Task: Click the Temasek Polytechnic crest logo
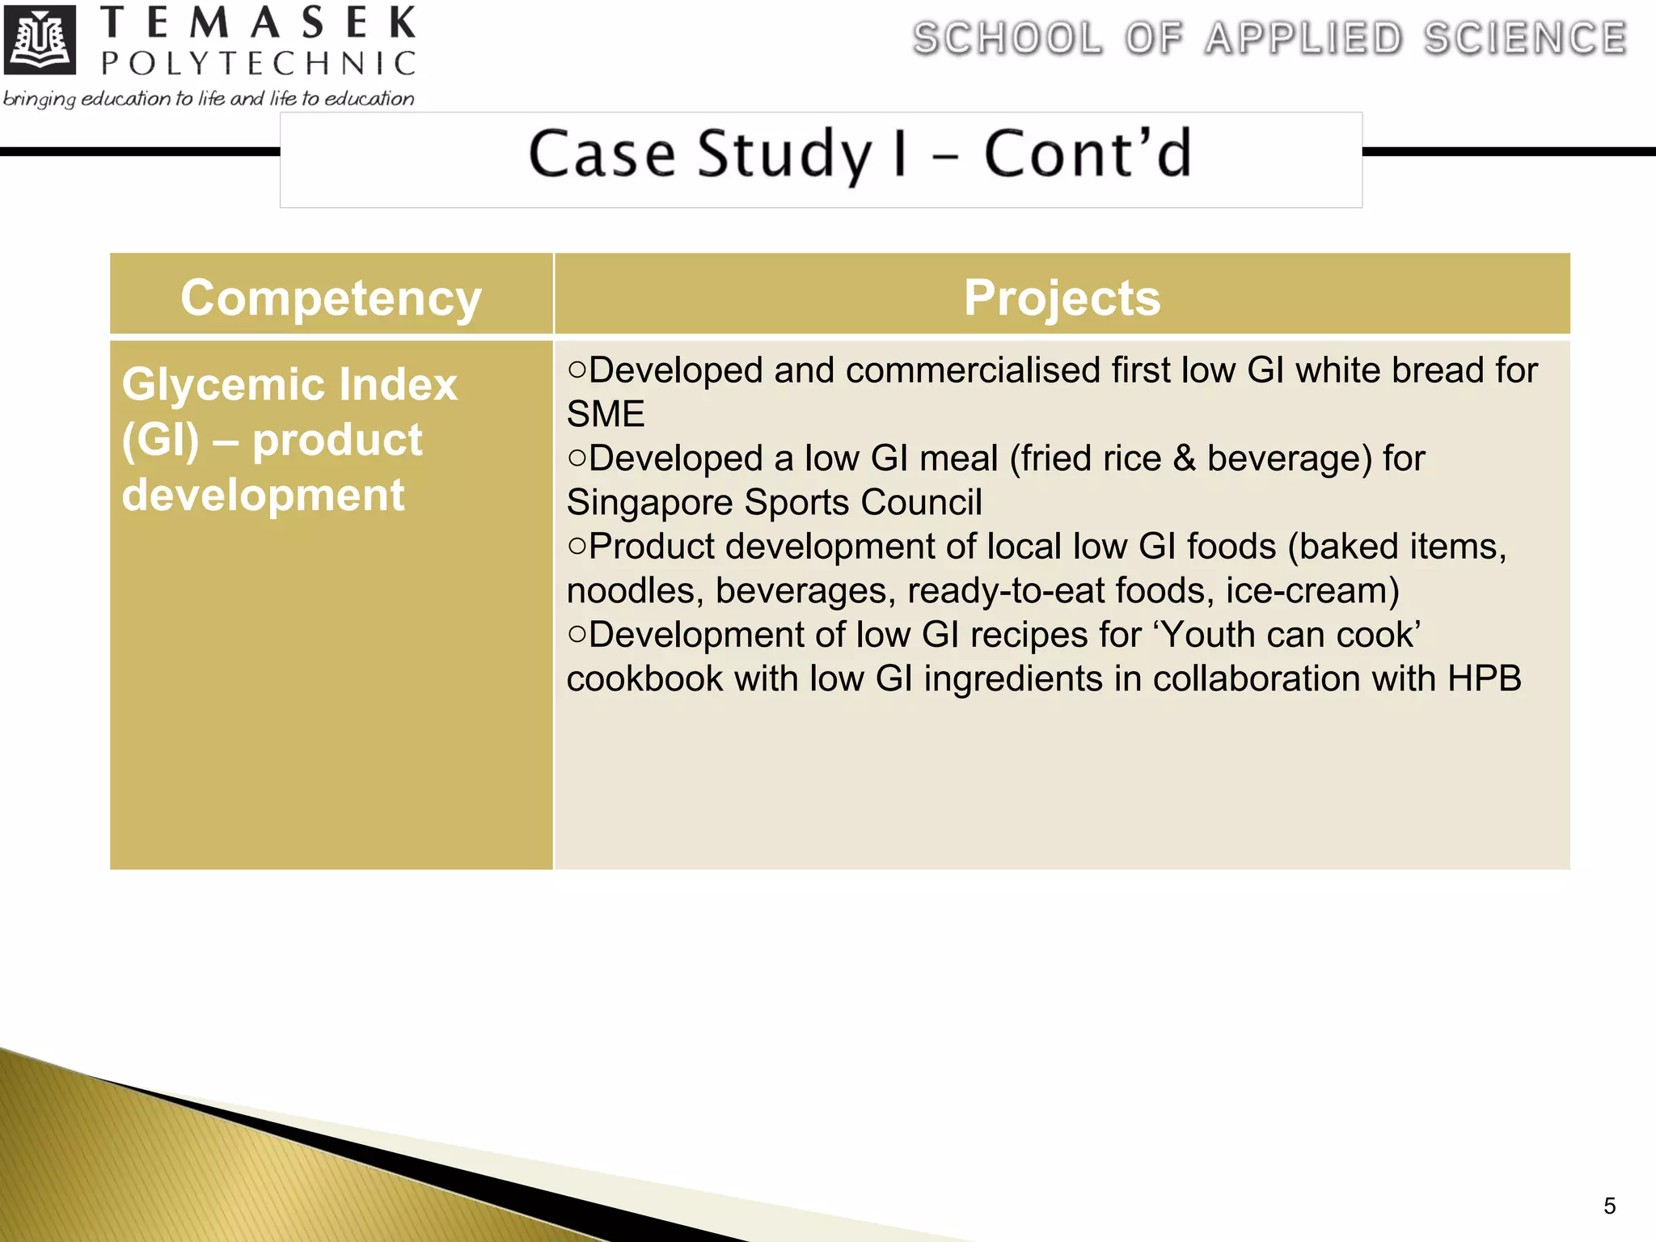40,40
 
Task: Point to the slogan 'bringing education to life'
209,99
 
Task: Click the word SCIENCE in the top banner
1525,39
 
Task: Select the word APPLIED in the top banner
1303,39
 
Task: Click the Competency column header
331,298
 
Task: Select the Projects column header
1062,298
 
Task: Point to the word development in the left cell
263,495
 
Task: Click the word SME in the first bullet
606,414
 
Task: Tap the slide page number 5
1609,1206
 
